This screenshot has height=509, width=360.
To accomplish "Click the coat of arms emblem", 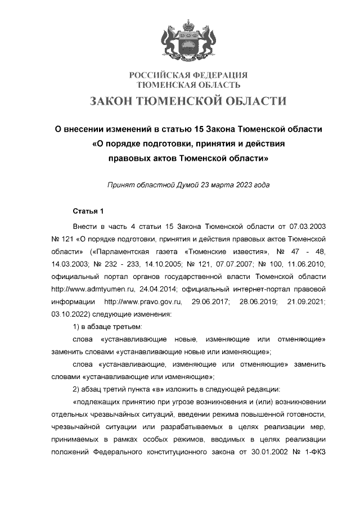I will point(188,39).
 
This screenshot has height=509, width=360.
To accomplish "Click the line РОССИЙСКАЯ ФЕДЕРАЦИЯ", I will point(188,76).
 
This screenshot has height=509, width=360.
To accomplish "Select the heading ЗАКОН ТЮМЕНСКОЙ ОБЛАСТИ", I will point(188,101).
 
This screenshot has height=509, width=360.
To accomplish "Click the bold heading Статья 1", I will point(89,211).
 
